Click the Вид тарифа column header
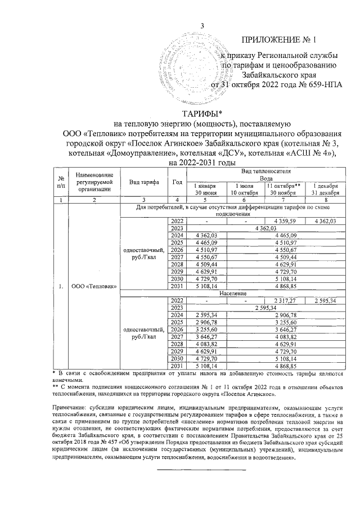pos(143,182)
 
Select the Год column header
pos(178,182)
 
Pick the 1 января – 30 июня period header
pos(206,189)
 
